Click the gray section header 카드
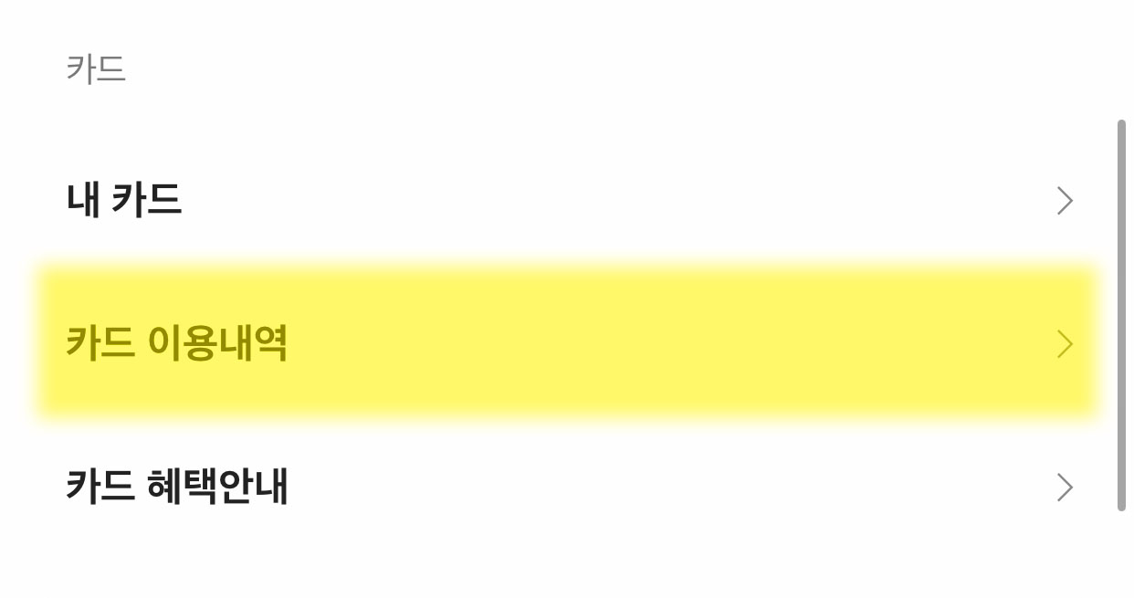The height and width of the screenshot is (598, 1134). tap(95, 69)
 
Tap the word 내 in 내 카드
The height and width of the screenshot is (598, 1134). tap(82, 200)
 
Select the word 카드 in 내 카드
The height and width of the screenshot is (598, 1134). tap(146, 200)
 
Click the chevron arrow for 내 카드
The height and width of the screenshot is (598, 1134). tap(1064, 201)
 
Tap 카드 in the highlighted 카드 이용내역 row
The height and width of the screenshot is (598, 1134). tap(100, 344)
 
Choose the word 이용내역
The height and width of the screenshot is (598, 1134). tap(217, 344)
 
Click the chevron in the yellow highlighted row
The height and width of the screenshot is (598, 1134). tap(1064, 344)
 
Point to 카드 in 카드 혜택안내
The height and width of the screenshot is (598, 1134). tap(100, 487)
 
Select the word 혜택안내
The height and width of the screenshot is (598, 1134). tap(217, 487)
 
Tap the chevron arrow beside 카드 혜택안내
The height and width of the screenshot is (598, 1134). tap(1064, 488)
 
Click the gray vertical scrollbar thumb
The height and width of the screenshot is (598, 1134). tap(1121, 315)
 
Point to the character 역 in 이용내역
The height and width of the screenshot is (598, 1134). tap(271, 344)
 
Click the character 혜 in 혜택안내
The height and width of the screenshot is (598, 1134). tap(164, 487)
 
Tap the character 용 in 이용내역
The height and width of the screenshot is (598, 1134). tap(200, 344)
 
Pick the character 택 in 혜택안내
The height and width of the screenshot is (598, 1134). tap(200, 487)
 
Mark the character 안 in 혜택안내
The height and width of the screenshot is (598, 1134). tap(236, 487)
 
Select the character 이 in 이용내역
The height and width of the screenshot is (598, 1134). tap(164, 344)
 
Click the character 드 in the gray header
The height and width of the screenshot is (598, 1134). tap(110, 69)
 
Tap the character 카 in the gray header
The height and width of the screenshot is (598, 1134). tap(80, 69)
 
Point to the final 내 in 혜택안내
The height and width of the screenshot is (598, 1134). tap(271, 487)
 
